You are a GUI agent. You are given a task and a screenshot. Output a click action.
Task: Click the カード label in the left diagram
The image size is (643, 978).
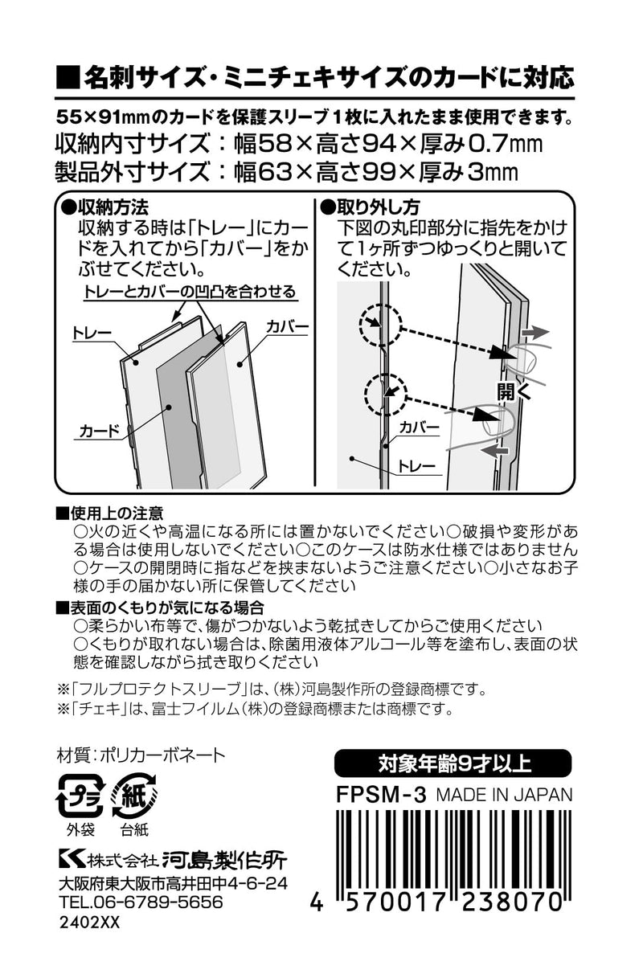point(97,432)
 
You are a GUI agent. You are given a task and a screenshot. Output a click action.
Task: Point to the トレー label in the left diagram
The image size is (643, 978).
point(91,330)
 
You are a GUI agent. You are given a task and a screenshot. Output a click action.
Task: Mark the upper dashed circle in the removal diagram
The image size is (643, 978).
point(377,323)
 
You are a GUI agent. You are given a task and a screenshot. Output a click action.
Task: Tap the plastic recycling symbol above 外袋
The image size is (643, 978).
point(80,796)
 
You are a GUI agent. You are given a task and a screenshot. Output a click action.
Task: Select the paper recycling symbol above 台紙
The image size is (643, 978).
point(134,796)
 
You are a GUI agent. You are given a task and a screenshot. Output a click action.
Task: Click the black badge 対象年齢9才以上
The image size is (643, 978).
point(453,760)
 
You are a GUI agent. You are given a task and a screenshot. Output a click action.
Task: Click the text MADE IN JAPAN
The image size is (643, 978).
point(504,794)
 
